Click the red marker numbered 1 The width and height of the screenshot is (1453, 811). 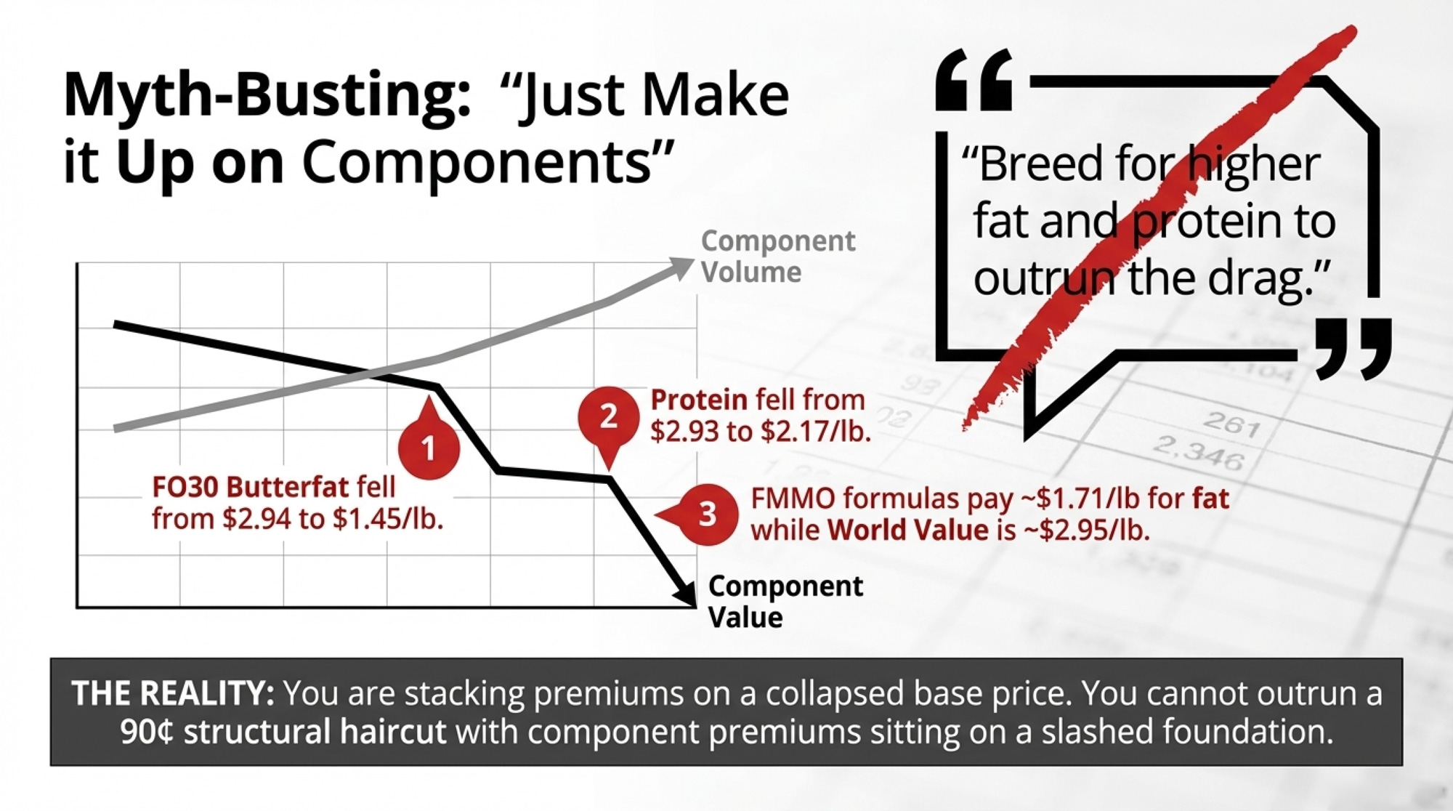pyautogui.click(x=429, y=445)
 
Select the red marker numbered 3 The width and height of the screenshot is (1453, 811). pyautogui.click(x=702, y=515)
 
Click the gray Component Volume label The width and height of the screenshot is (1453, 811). pyautogui.click(x=778, y=256)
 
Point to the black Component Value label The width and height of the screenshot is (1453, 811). pyautogui.click(x=785, y=601)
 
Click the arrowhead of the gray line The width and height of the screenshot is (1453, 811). pyautogui.click(x=681, y=267)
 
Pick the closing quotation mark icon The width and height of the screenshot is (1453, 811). pyautogui.click(x=1353, y=349)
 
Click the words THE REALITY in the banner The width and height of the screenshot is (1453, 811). pyautogui.click(x=173, y=693)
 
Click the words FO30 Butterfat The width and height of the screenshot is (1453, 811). pyautogui.click(x=251, y=487)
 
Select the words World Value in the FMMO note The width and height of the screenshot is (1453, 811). pyautogui.click(x=907, y=530)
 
